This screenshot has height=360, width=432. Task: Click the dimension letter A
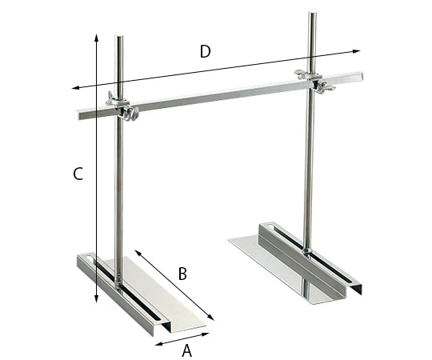(x=187, y=350)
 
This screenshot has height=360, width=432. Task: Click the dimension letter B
(x=182, y=274)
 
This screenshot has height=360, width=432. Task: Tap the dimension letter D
(x=205, y=52)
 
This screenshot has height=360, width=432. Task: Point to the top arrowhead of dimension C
(x=96, y=37)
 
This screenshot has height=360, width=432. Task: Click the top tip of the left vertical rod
(x=119, y=36)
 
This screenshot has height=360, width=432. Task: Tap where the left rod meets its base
(x=118, y=282)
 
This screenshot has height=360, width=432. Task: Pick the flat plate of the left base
(x=164, y=300)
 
